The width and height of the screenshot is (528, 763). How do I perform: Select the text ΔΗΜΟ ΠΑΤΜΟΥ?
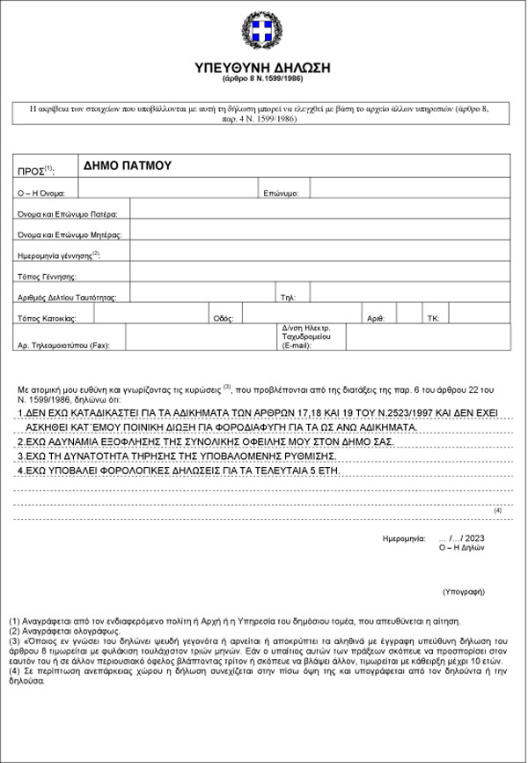coord(127,165)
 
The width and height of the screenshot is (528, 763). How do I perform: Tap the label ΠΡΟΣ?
coord(35,169)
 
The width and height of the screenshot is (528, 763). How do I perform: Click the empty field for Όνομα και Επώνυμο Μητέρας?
coord(321,235)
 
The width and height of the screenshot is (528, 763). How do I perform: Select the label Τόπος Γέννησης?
coord(48,276)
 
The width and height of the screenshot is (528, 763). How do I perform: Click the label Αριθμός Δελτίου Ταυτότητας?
coord(73,297)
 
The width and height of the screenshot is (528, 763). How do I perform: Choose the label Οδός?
coord(223,317)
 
